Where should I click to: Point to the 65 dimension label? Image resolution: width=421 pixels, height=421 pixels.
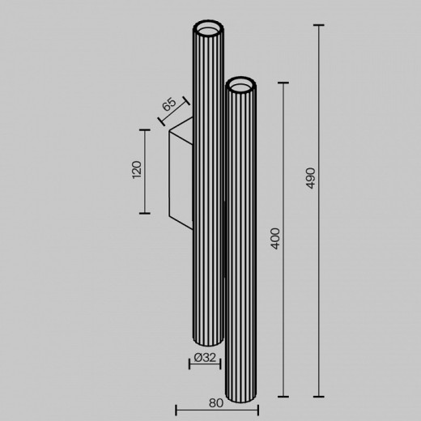point(168,104)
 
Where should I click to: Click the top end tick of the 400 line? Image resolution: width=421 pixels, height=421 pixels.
point(283,82)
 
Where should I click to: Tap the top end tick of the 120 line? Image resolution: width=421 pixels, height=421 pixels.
point(145,128)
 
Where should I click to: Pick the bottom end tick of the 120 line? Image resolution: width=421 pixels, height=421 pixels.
point(145,212)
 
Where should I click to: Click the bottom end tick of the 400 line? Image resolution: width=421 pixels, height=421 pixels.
point(283,397)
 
